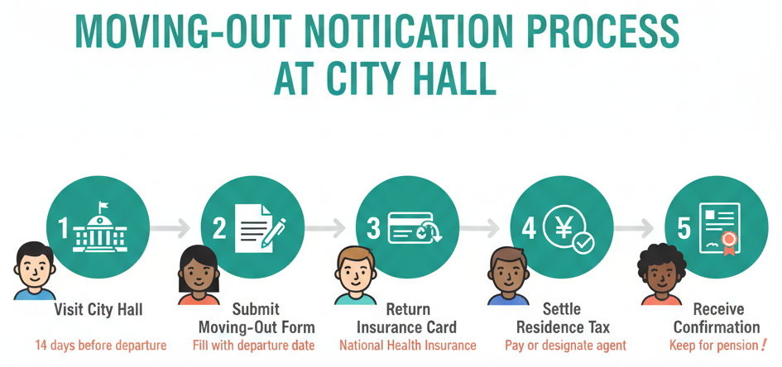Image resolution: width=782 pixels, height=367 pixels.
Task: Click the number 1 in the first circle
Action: tap(64, 227)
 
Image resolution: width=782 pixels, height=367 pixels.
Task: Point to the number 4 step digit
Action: tap(529, 227)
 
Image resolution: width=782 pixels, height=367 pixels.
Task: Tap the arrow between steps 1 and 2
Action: tap(173, 226)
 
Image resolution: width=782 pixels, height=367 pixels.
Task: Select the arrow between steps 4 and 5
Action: tap(637, 226)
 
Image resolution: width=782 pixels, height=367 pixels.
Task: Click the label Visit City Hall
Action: tap(98, 310)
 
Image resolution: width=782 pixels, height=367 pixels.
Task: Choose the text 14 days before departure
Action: tap(100, 345)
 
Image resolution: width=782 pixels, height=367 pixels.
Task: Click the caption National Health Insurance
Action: tap(408, 345)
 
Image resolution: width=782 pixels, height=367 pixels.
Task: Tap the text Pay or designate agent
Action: tap(565, 345)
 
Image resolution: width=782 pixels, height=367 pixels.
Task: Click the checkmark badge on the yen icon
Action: tap(583, 242)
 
